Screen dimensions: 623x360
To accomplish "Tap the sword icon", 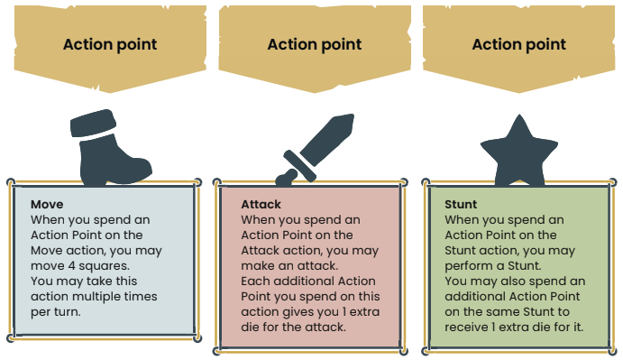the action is pos(315,150).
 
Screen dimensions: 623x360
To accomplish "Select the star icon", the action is pos(519,152).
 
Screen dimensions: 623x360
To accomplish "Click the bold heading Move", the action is pos(47,205).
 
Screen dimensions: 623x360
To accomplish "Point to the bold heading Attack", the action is pos(261,205).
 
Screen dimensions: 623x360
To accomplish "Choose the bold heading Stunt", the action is pos(461,205).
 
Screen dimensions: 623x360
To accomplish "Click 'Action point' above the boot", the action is pos(110,44).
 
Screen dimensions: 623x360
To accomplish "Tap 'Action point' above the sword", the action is pos(315,44).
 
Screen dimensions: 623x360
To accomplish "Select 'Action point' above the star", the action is pos(519,44).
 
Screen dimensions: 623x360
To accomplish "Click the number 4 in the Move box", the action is pos(71,266).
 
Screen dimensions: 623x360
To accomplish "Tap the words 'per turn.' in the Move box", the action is pos(56,312).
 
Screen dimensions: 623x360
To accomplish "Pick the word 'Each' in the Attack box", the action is pos(255,282).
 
